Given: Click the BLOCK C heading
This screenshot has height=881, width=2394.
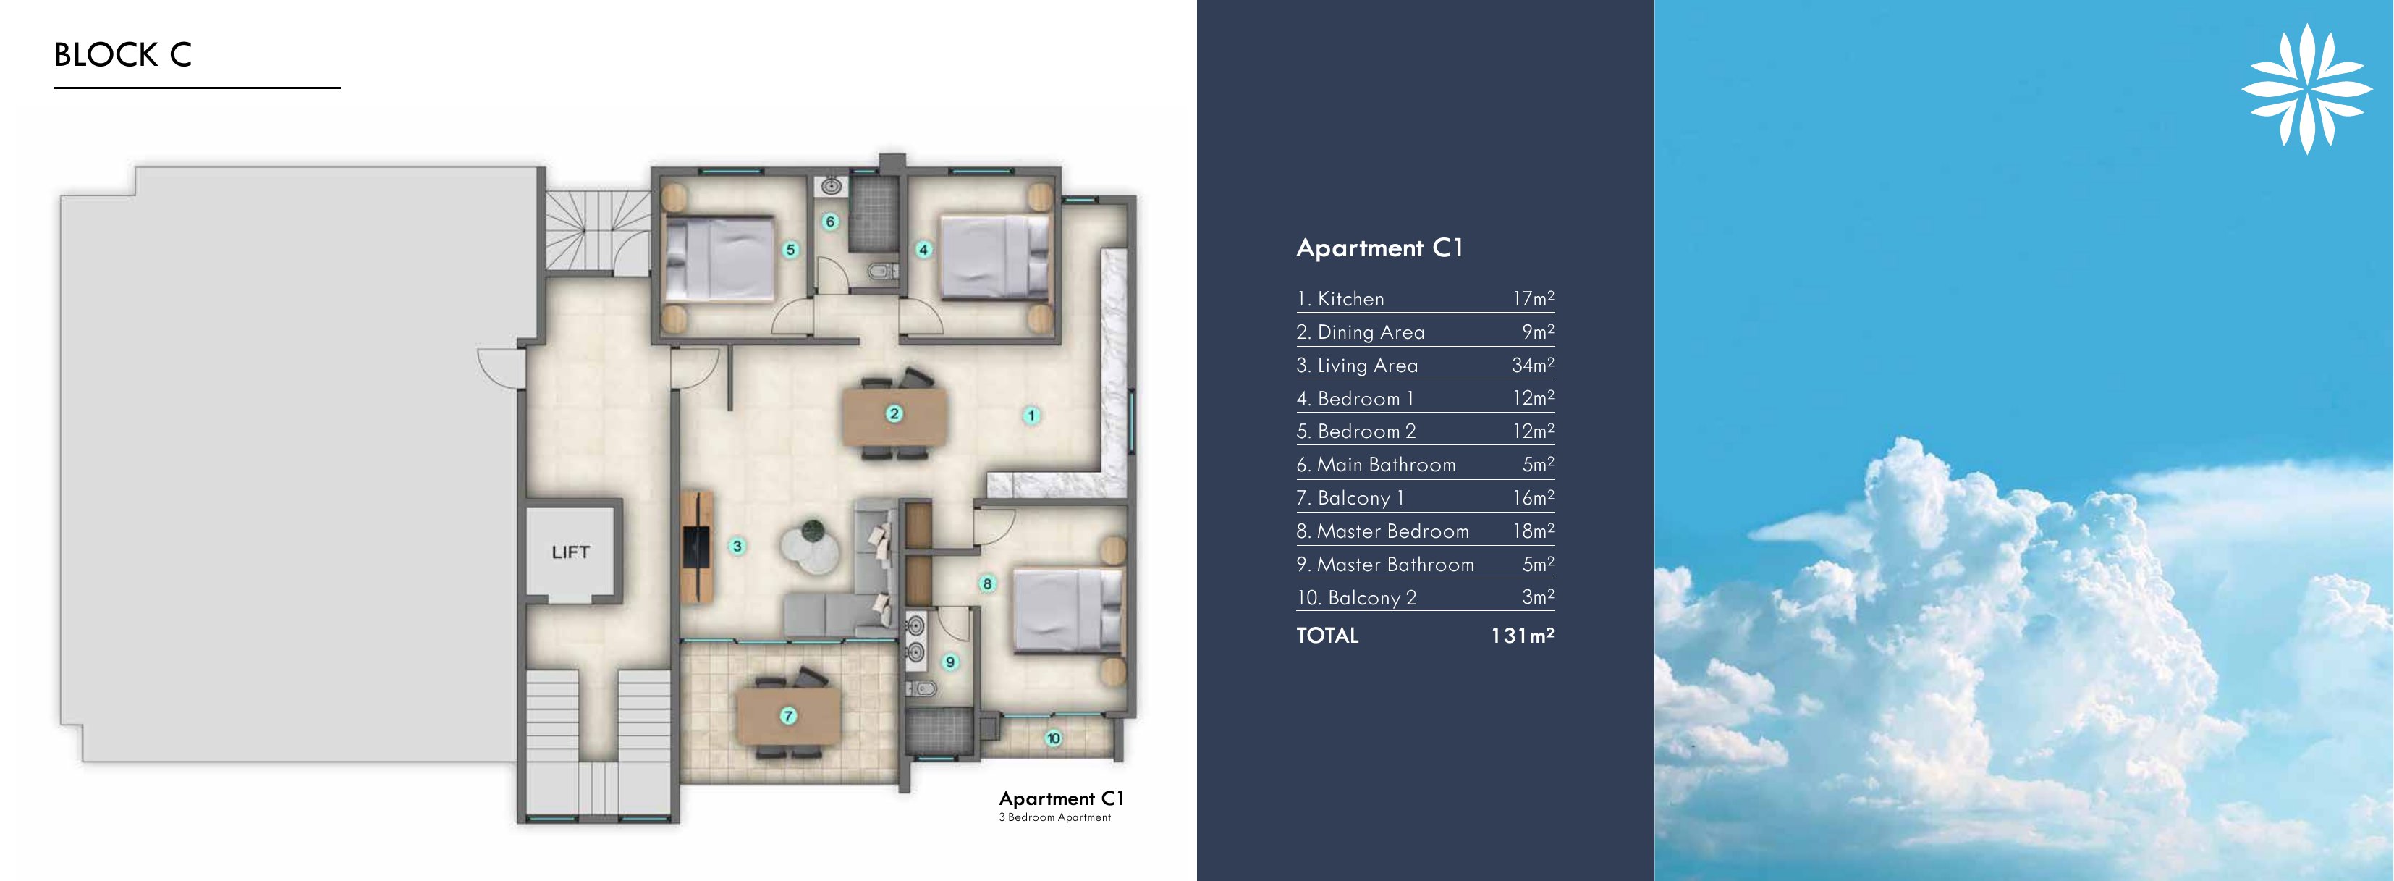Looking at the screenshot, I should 123,55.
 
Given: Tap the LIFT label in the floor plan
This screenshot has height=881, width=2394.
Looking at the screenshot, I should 570,552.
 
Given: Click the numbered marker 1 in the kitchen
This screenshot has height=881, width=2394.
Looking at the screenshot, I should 1031,416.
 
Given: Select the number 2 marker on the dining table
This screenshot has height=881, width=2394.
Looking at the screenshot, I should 894,413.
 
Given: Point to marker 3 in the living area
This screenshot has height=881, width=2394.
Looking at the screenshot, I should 737,547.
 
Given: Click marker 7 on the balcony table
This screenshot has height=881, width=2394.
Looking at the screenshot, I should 788,715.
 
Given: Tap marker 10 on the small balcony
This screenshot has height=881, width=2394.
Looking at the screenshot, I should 1053,739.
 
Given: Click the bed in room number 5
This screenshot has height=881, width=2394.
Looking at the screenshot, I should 720,259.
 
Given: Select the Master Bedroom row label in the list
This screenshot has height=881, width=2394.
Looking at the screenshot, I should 1383,531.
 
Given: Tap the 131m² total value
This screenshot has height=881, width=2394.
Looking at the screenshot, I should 1522,636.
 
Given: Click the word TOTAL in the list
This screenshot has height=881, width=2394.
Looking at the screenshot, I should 1327,636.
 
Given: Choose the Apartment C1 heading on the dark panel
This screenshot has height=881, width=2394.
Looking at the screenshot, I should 1379,248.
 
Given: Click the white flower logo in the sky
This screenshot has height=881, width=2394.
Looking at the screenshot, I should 2306,88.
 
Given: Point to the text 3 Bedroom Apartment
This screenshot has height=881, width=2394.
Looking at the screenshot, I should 1055,818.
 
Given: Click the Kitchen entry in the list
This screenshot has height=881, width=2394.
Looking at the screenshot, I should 1341,299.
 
